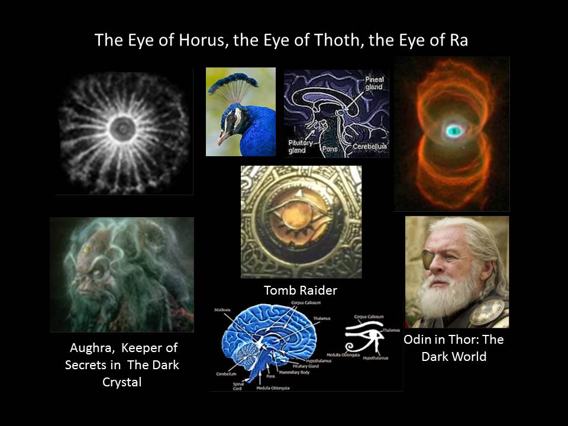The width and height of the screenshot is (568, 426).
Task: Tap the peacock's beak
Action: point(224,139)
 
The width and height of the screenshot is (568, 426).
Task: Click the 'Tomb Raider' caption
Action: point(301,291)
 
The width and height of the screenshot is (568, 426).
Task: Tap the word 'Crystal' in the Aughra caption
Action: point(122,382)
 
